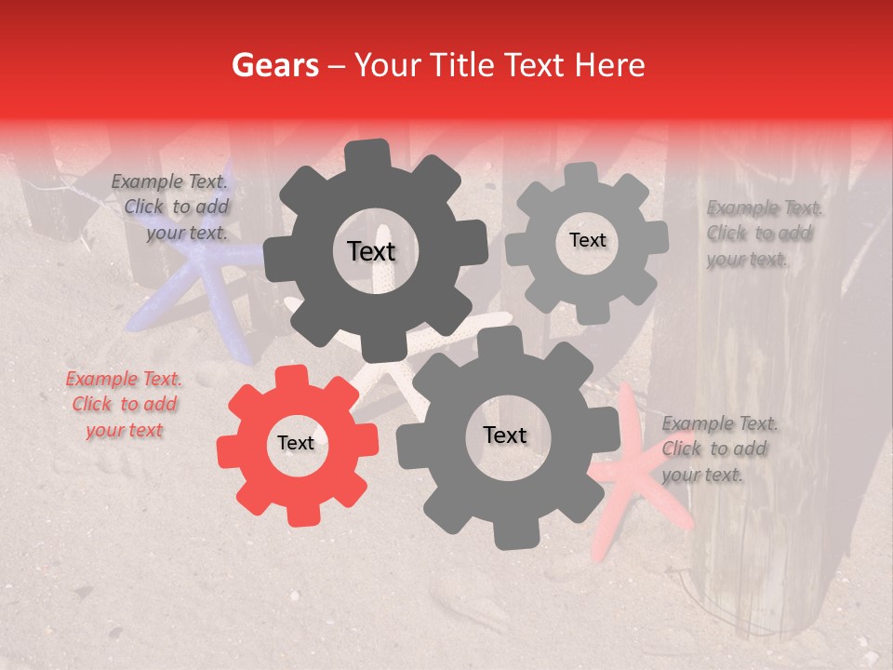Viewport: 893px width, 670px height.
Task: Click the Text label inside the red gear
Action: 296,444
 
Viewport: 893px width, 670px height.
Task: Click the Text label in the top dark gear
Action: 371,251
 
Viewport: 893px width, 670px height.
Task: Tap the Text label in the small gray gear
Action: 587,240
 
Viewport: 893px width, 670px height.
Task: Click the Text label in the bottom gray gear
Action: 504,435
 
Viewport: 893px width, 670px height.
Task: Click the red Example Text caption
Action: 124,405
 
